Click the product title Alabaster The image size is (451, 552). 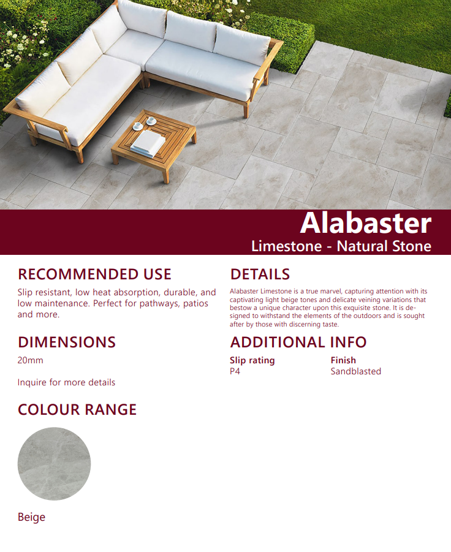[365, 224]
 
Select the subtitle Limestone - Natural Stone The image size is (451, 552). [341, 246]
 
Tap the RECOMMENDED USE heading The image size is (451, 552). [94, 274]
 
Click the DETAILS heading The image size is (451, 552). [260, 274]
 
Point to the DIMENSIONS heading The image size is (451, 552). [67, 342]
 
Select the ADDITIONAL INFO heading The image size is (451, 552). [298, 342]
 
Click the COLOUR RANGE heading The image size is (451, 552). [77, 409]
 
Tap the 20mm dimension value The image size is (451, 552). [30, 360]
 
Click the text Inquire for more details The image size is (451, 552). [66, 382]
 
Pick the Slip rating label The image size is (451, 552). [252, 360]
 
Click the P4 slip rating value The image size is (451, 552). [235, 371]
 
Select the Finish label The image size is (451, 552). [343, 360]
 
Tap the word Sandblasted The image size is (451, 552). [355, 371]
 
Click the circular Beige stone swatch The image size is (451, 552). [54, 464]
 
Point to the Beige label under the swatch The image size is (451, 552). [31, 517]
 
